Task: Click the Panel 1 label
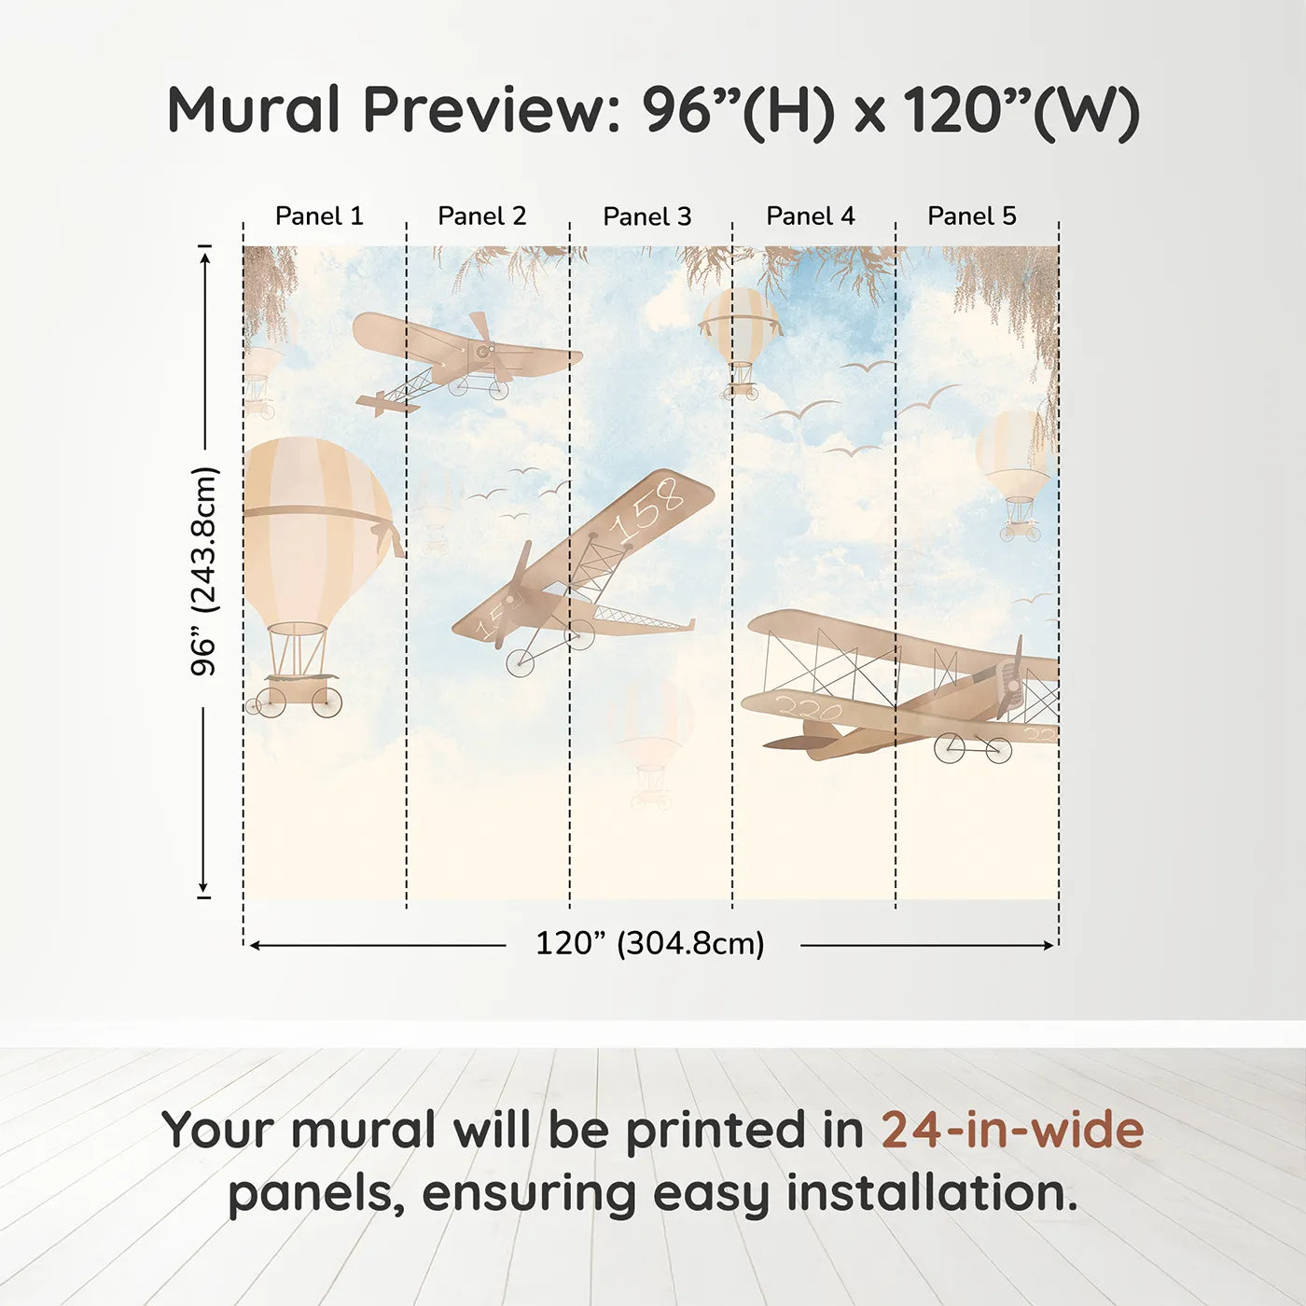319,216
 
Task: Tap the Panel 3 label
646,216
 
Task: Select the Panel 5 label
971,216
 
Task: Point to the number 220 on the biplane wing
809,710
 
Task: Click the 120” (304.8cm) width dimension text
649,943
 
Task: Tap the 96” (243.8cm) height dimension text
203,571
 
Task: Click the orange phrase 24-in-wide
1012,1130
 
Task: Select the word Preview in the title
485,110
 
